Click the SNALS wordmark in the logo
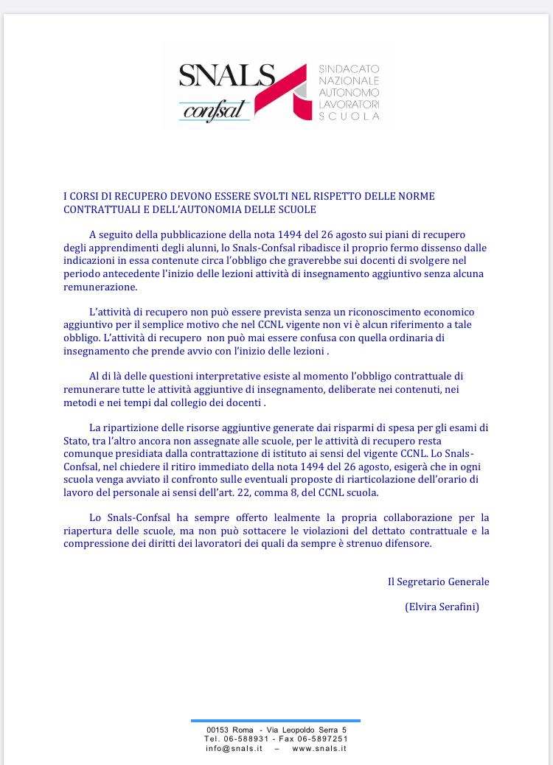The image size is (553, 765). coord(226,77)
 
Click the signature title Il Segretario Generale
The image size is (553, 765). coord(438,581)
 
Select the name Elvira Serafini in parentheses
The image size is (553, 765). coord(442,607)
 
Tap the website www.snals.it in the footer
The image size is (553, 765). coord(319,748)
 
